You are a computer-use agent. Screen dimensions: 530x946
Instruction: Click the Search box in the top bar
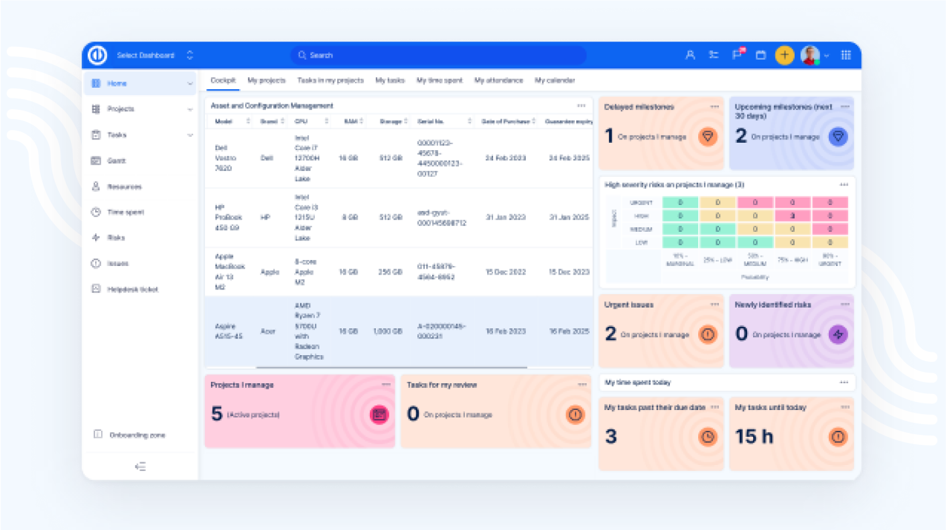(x=438, y=56)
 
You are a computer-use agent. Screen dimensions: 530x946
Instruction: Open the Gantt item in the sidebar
(x=117, y=161)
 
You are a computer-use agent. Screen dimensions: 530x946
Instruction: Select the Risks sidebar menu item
(x=116, y=238)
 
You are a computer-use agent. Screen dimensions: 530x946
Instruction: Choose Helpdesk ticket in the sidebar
(x=132, y=289)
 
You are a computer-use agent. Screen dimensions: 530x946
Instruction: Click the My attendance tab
(x=498, y=80)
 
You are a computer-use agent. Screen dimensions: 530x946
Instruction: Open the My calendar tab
(x=555, y=80)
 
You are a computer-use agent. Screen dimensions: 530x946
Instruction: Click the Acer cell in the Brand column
(x=267, y=331)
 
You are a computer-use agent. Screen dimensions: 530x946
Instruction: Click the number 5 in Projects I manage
(x=216, y=414)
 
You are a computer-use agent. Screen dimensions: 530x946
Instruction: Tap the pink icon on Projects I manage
(x=379, y=414)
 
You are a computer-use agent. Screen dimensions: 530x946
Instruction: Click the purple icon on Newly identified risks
(x=837, y=334)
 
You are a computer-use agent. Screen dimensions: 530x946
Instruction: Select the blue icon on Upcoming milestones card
(x=837, y=137)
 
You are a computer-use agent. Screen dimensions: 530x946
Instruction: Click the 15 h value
(x=754, y=437)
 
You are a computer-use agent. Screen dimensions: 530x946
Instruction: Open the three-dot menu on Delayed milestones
(x=715, y=107)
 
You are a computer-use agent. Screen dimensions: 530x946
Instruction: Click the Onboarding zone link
(x=137, y=435)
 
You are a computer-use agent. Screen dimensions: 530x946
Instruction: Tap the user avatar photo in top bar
(x=810, y=56)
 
